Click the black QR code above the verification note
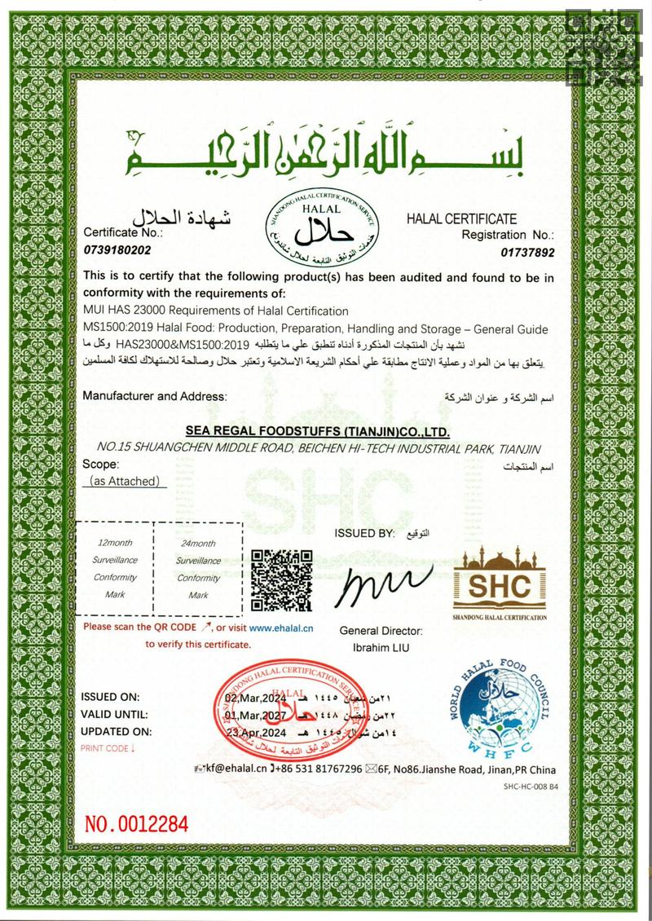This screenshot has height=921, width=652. pos(281,580)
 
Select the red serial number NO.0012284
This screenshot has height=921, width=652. pos(137,823)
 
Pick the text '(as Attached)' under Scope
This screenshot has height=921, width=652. pos(126,482)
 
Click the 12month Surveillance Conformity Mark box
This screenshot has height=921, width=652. pos(116,569)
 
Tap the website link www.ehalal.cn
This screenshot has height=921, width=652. pos(281,628)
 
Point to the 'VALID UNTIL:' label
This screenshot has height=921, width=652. pos(114,714)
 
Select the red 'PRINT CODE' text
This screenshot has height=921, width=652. pos(107,747)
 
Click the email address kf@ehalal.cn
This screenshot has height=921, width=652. pos(236,769)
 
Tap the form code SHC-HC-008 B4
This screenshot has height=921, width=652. pos(531,787)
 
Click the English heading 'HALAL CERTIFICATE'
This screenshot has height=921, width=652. pos(461,218)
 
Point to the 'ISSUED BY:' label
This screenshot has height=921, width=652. pos(363,533)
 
